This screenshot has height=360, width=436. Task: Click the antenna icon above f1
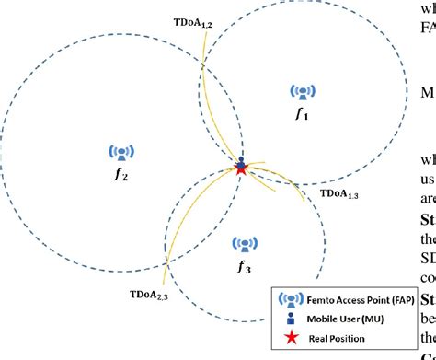(x=302, y=92)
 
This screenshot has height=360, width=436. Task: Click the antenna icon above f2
(x=120, y=152)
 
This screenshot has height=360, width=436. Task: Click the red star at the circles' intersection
(x=241, y=168)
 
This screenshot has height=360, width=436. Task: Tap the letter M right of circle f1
(x=426, y=92)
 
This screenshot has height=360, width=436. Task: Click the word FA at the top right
(x=426, y=27)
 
